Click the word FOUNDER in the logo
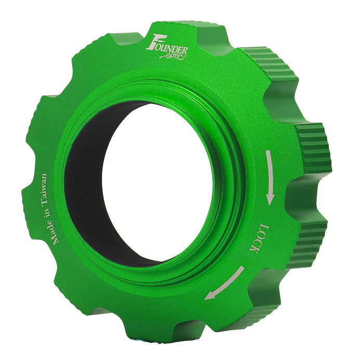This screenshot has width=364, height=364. (167, 45)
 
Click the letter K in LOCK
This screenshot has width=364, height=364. (254, 250)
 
